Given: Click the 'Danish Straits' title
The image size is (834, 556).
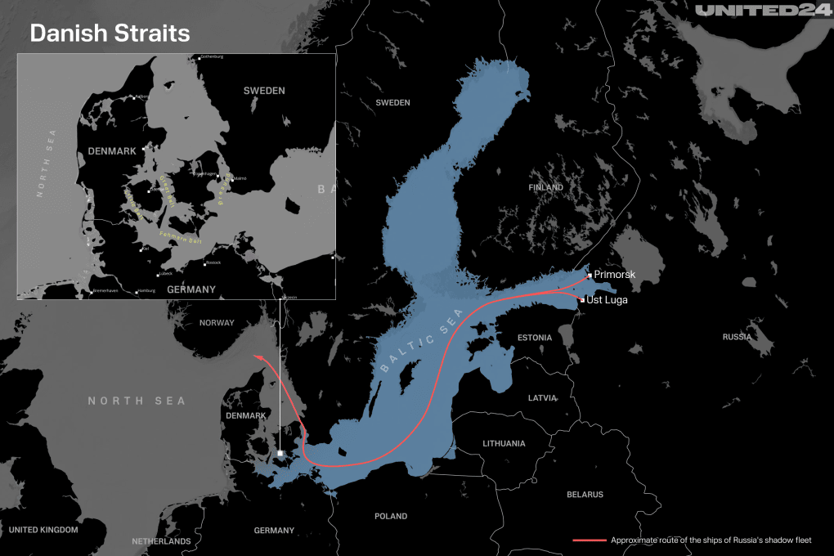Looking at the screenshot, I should click(x=110, y=34).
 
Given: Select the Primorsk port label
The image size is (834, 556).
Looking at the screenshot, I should click(x=614, y=275).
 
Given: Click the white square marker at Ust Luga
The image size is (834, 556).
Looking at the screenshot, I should click(x=582, y=301).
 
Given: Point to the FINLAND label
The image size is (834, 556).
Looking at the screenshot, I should click(x=545, y=187).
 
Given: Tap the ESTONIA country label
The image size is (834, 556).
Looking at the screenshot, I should click(x=535, y=338).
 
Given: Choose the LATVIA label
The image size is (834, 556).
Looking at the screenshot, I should click(x=542, y=398).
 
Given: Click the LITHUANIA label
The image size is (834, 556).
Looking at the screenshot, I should click(x=504, y=443).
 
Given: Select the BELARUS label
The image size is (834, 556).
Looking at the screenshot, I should click(x=585, y=495).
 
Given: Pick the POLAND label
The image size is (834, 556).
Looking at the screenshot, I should click(x=390, y=517).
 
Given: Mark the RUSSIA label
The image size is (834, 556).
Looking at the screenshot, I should click(x=737, y=337).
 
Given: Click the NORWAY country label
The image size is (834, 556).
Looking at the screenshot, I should click(x=217, y=323).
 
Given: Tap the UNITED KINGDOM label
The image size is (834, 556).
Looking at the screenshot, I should click(x=43, y=530).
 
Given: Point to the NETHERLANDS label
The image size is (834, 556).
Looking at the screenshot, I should click(x=161, y=541).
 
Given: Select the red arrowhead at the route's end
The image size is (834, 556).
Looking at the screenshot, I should click(x=258, y=356).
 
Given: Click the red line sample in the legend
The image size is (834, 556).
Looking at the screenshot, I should click(x=588, y=540).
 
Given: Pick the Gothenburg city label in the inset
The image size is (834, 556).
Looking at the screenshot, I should click(x=212, y=57).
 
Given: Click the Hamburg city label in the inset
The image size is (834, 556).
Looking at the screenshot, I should click(x=147, y=290).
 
